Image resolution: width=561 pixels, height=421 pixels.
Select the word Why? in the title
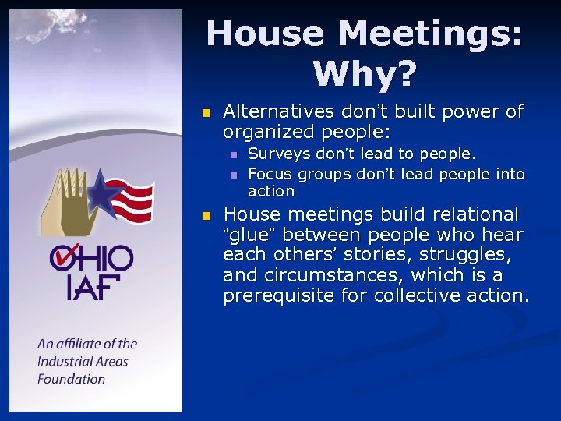click(x=365, y=74)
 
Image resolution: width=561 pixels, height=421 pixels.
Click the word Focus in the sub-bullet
click(x=269, y=173)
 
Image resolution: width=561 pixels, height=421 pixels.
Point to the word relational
click(x=482, y=214)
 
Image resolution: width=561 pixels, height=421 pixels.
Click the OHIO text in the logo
click(x=92, y=258)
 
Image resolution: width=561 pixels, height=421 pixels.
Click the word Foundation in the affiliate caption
click(x=71, y=380)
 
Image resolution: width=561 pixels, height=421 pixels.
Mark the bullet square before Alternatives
click(x=206, y=113)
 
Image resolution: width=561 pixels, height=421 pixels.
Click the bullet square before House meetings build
click(x=206, y=215)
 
